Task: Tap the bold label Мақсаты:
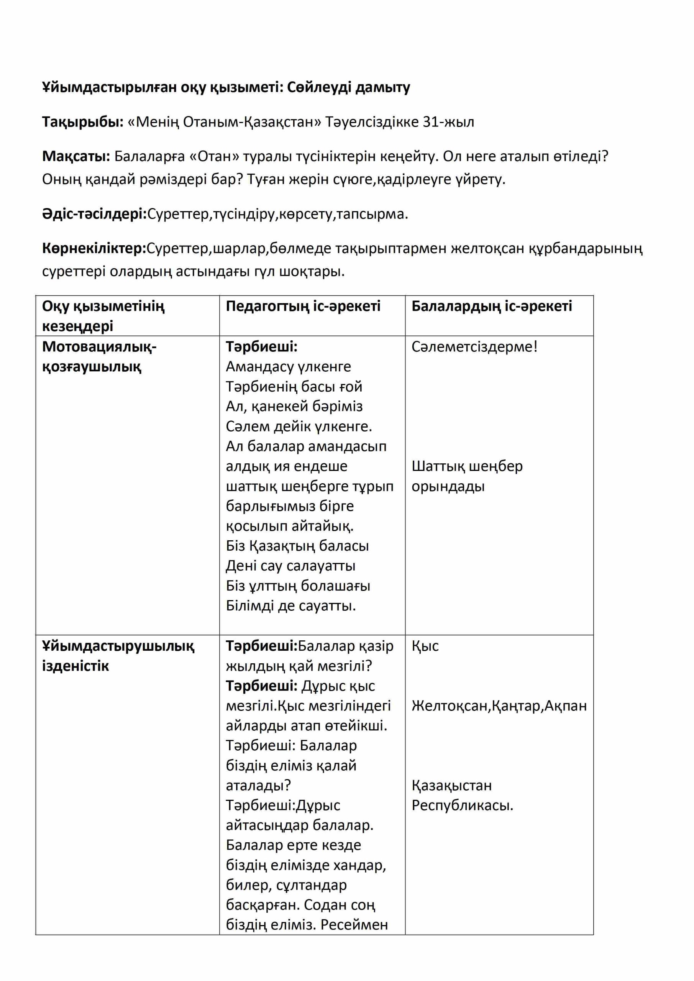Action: tap(76, 156)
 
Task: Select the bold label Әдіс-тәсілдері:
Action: tap(94, 214)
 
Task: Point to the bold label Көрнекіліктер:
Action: tap(94, 248)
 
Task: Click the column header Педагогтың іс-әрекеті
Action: tap(303, 306)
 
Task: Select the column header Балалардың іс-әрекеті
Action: tap(491, 306)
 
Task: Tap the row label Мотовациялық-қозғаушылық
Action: tap(99, 356)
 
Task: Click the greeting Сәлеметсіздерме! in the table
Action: tap(474, 346)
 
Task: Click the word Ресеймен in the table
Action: tap(354, 925)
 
